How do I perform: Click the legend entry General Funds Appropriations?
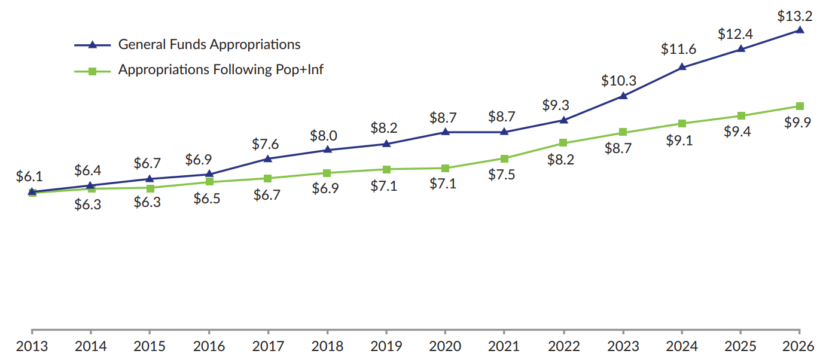(x=209, y=44)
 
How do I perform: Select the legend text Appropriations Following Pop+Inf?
(x=221, y=69)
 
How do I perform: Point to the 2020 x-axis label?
(x=444, y=346)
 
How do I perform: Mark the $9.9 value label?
(x=798, y=123)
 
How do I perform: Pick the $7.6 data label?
(x=266, y=144)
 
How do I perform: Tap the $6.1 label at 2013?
(x=29, y=177)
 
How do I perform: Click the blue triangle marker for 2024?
(x=682, y=67)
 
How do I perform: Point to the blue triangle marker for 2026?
(x=800, y=29)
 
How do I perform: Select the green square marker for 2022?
(x=563, y=143)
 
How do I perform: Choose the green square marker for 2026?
(x=800, y=106)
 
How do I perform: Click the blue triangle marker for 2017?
(x=267, y=158)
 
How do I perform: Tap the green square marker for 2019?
(x=386, y=169)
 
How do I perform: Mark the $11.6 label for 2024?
(x=679, y=50)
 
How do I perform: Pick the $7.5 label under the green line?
(x=502, y=175)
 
